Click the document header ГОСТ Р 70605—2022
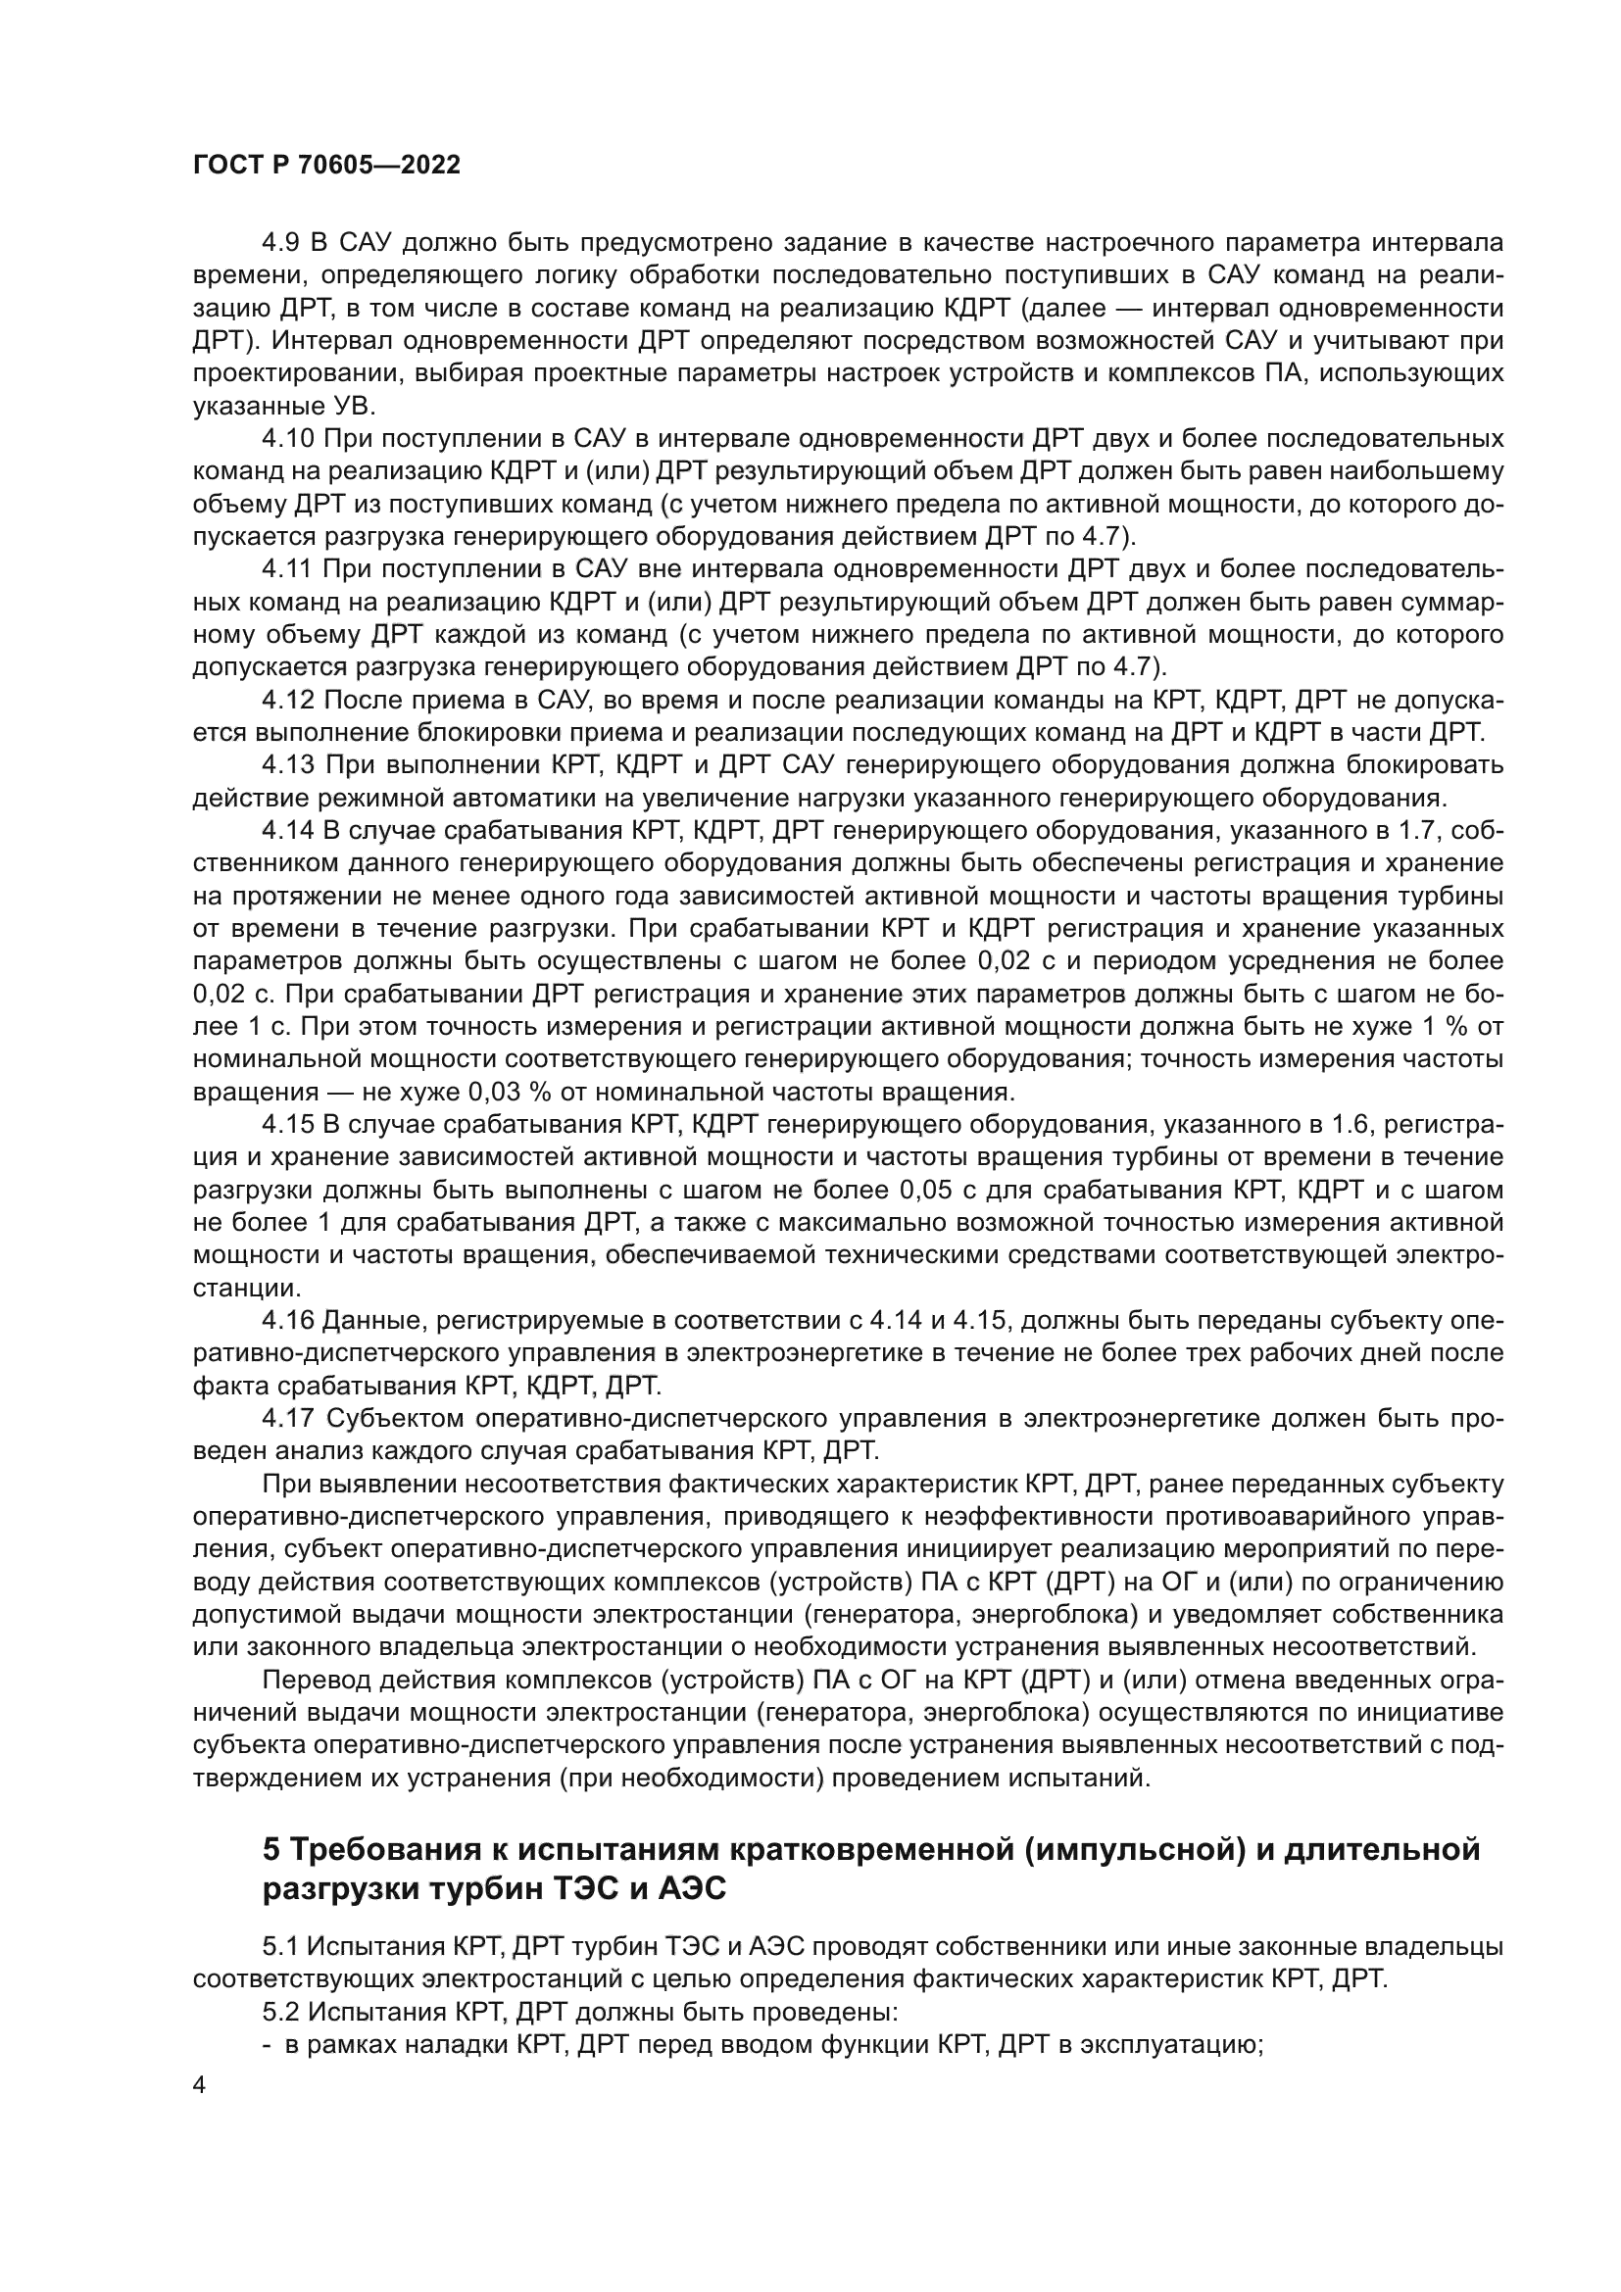pyautogui.click(x=326, y=166)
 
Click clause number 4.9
pyautogui.click(x=282, y=243)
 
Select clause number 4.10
pyautogui.click(x=288, y=438)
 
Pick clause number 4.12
pyautogui.click(x=288, y=700)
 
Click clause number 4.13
pyautogui.click(x=288, y=765)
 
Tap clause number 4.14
pyautogui.click(x=288, y=831)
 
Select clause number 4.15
pyautogui.click(x=288, y=1125)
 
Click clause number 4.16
pyautogui.click(x=288, y=1321)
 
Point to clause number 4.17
pyautogui.click(x=288, y=1419)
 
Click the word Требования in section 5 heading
pyautogui.click(x=380, y=1850)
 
